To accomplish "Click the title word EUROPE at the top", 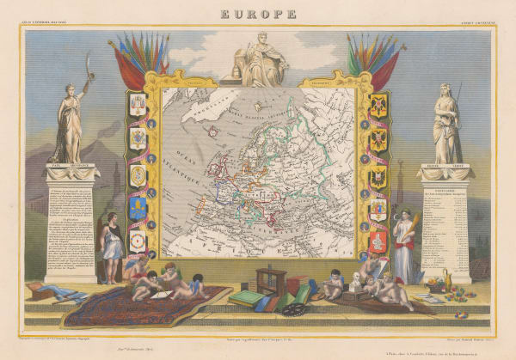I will (257, 14).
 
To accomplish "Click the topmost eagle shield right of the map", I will (378, 107).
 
